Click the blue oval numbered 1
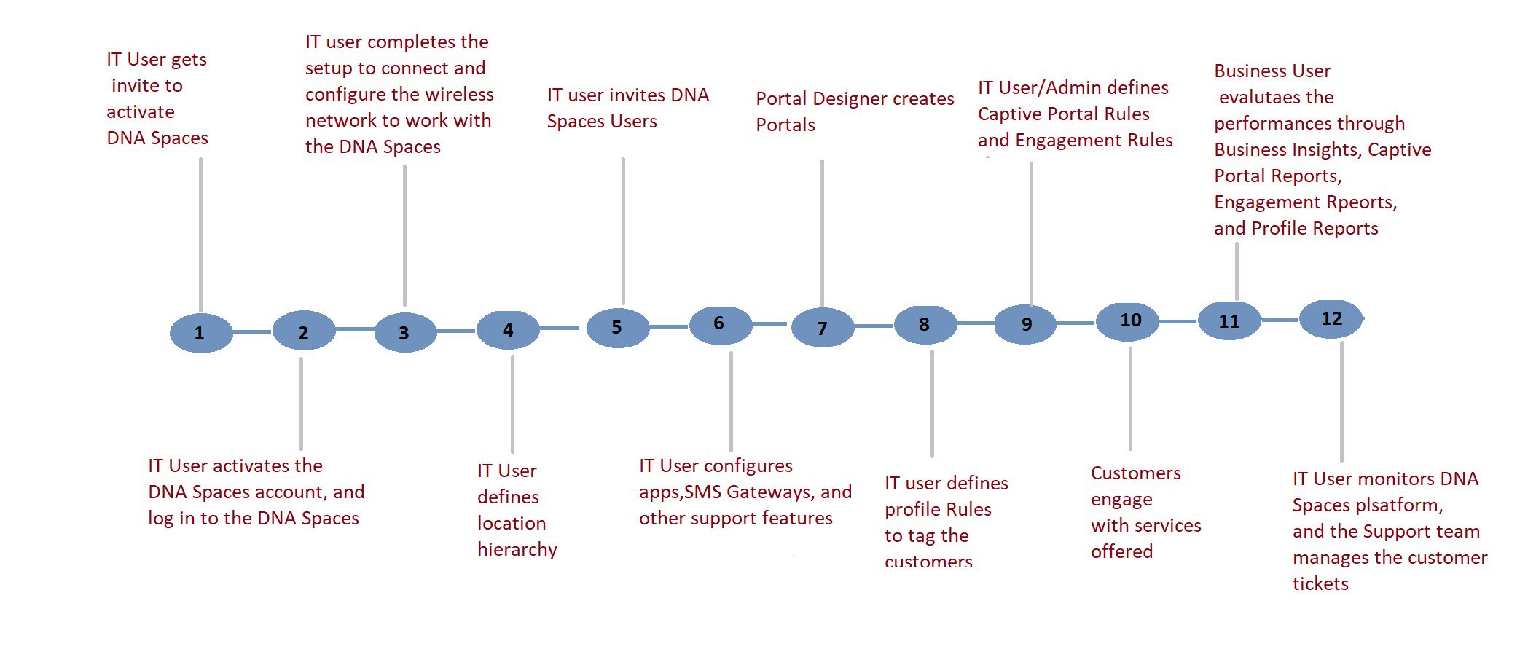(201, 333)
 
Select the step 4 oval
(508, 330)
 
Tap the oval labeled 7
(823, 328)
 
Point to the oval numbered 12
(1331, 319)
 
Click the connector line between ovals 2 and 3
(355, 329)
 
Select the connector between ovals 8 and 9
(976, 323)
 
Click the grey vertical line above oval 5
(623, 231)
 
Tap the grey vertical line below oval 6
(731, 401)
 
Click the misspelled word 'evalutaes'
(1277, 98)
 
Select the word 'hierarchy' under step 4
(517, 550)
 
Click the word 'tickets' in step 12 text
(1320, 583)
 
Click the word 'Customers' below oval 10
(1136, 473)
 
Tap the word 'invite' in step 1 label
(136, 86)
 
